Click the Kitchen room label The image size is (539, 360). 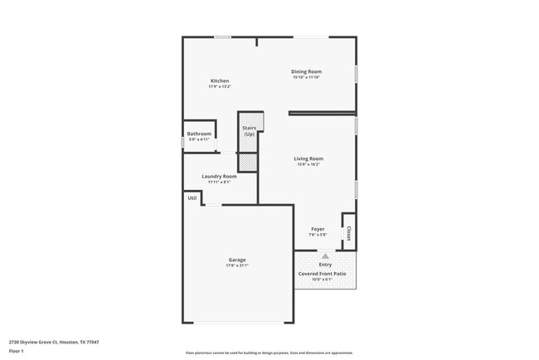[x=219, y=80]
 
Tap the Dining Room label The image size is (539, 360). [x=306, y=71]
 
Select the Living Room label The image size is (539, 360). [x=308, y=158]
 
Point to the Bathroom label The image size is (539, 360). [x=199, y=134]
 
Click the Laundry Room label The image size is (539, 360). [x=219, y=176]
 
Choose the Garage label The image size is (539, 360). [x=237, y=260]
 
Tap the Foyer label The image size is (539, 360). [x=318, y=229]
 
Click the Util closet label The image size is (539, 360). [x=192, y=197]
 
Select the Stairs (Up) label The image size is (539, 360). [x=249, y=131]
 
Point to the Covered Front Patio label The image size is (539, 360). [x=322, y=273]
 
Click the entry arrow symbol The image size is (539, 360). [x=326, y=256]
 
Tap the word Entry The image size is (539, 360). [x=326, y=265]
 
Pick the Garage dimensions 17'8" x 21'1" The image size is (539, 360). [x=237, y=265]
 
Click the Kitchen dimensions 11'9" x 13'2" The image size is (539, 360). [x=219, y=86]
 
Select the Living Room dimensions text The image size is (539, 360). [x=308, y=164]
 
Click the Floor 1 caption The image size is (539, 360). [x=17, y=351]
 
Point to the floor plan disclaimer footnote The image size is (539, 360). [x=269, y=352]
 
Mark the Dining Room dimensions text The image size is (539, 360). [x=306, y=77]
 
